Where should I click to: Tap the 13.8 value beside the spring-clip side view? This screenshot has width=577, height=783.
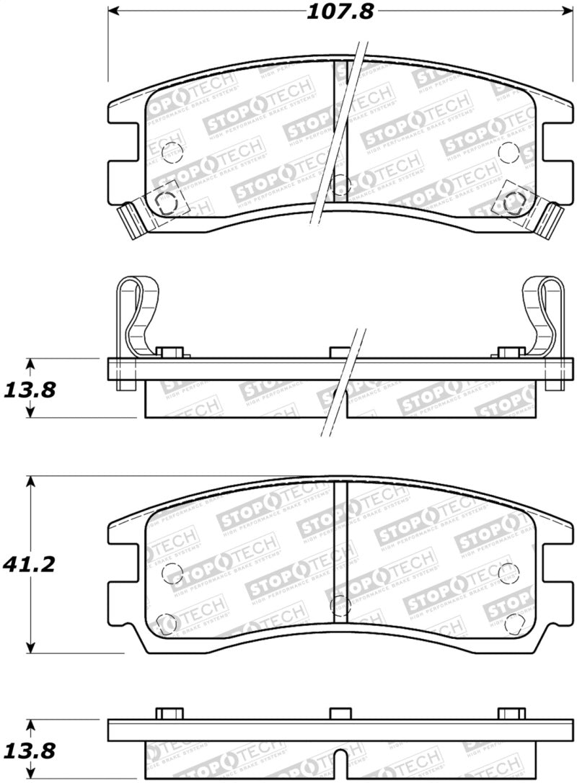(30, 389)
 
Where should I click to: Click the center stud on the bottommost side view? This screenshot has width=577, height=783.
(340, 713)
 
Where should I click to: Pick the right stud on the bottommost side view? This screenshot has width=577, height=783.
(511, 713)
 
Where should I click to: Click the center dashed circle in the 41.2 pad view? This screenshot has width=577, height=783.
(340, 606)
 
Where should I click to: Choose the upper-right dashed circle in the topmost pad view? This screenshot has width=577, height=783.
(508, 151)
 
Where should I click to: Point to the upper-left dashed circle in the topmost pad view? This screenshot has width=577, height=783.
(172, 151)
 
